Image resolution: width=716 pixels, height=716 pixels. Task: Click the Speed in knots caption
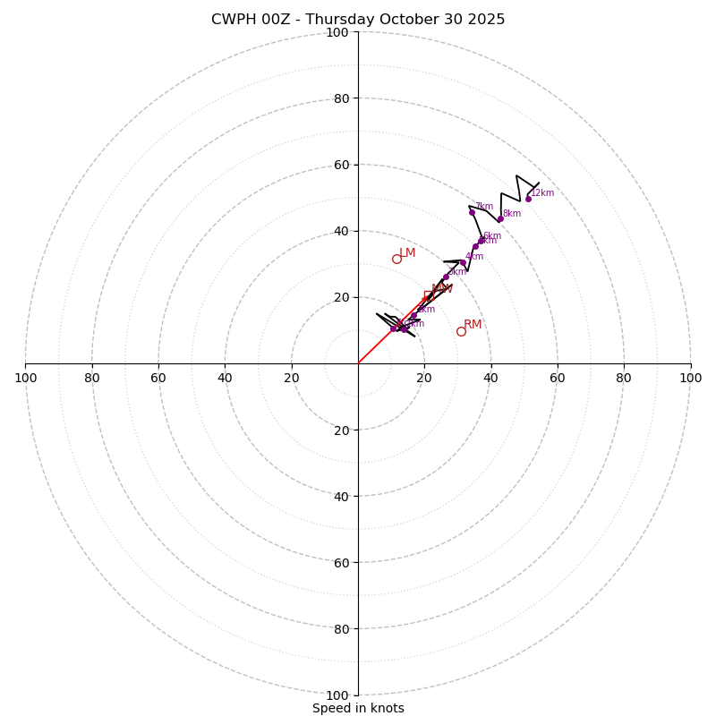(358, 708)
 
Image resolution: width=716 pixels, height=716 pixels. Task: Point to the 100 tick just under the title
(337, 32)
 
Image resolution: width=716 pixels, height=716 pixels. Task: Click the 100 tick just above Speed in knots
(337, 695)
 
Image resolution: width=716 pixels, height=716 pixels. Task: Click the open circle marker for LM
(396, 259)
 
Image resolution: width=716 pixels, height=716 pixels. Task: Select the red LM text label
(407, 252)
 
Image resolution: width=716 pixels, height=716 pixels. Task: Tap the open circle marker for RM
(461, 331)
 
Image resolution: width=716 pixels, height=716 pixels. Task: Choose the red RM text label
(473, 324)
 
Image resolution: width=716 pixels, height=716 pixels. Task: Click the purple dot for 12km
(528, 199)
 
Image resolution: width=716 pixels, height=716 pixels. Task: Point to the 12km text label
(542, 192)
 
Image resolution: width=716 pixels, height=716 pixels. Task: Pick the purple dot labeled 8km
(500, 219)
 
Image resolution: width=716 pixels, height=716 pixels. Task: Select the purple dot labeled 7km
(472, 212)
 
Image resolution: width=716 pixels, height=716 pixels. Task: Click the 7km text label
(484, 206)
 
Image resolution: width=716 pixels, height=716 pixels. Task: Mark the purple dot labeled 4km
(463, 262)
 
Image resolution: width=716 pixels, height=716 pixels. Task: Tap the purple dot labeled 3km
(446, 277)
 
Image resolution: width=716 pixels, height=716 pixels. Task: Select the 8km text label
(512, 213)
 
